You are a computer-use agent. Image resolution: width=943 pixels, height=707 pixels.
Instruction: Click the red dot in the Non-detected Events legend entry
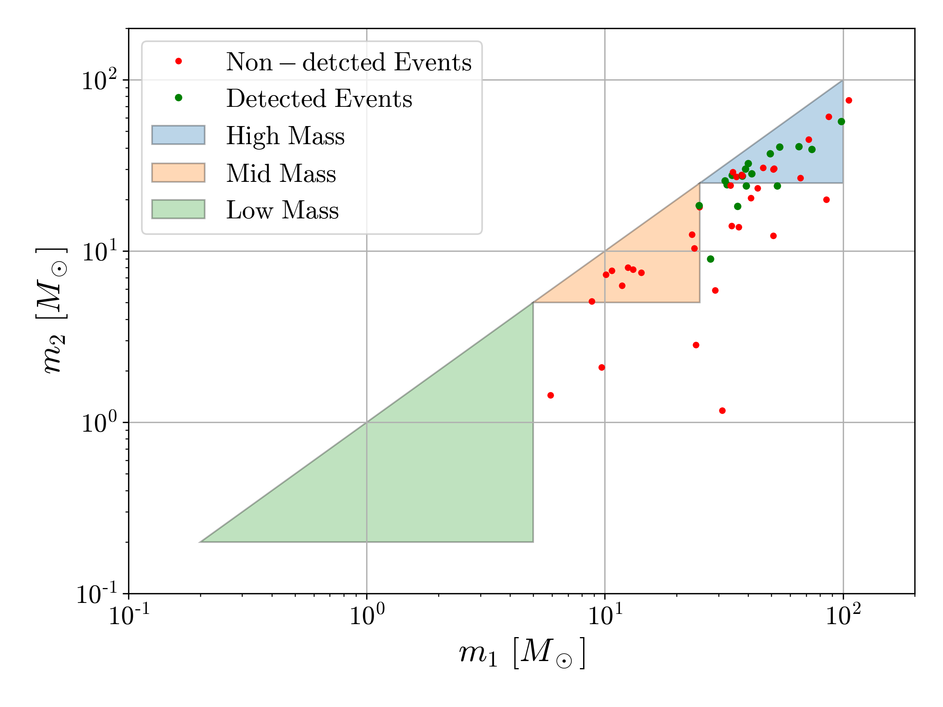[179, 61]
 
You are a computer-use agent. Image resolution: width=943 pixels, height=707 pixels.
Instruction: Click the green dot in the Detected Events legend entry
[179, 98]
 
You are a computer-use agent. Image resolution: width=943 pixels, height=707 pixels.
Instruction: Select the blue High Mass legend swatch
[178, 135]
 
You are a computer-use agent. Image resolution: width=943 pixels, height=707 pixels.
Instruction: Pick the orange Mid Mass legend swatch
[178, 172]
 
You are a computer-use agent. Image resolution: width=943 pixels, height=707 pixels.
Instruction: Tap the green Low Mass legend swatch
[178, 209]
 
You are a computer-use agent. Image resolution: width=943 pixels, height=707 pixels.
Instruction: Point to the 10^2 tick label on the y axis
[99, 81]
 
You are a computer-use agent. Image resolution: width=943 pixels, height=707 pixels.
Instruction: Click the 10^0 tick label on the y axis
[99, 423]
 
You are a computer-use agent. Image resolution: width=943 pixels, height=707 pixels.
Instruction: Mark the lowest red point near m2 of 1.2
[722, 411]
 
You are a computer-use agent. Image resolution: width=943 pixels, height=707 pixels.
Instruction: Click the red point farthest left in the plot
[550, 396]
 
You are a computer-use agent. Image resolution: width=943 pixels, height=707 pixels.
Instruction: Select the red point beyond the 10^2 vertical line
[849, 101]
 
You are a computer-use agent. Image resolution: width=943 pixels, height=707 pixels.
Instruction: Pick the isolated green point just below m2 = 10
[711, 259]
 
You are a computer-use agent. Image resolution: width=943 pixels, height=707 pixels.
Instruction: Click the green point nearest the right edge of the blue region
[841, 122]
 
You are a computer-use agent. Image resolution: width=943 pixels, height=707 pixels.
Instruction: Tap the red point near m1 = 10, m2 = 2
[602, 367]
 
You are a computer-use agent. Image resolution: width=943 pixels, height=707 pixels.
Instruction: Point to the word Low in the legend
[249, 210]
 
